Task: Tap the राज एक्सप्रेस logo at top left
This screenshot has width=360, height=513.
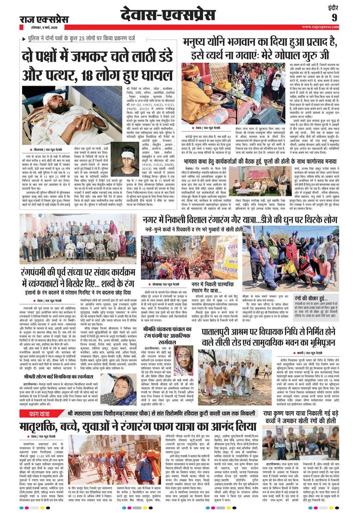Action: tap(37, 19)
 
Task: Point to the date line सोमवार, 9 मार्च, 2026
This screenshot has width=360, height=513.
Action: tap(39, 28)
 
